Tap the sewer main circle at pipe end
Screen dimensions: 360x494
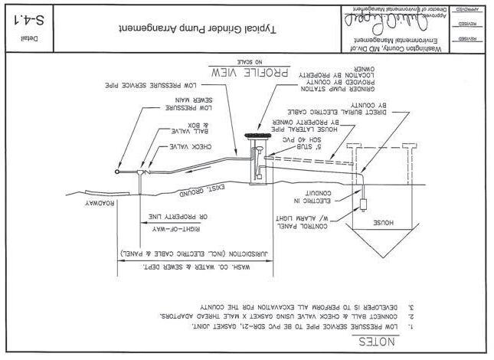pyautogui.click(x=116, y=171)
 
